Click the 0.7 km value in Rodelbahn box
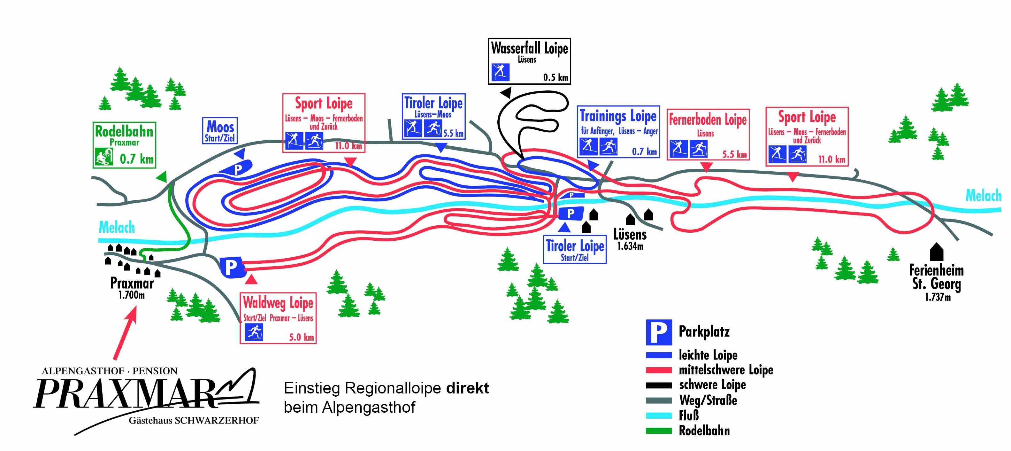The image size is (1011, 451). pyautogui.click(x=137, y=159)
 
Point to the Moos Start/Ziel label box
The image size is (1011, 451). pyautogui.click(x=220, y=130)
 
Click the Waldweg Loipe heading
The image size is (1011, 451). pyautogui.click(x=278, y=303)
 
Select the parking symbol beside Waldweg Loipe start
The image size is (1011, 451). pyautogui.click(x=232, y=268)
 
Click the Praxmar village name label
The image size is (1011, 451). pyautogui.click(x=132, y=283)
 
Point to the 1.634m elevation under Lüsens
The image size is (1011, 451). pyautogui.click(x=630, y=246)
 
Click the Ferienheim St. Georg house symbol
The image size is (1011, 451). pyautogui.click(x=937, y=252)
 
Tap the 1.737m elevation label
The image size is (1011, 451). pyautogui.click(x=938, y=297)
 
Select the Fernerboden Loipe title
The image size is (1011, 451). pyautogui.click(x=708, y=120)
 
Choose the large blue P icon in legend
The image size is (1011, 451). pyautogui.click(x=659, y=332)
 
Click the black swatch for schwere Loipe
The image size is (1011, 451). pyautogui.click(x=659, y=385)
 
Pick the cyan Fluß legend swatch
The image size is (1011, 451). pyautogui.click(x=659, y=416)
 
